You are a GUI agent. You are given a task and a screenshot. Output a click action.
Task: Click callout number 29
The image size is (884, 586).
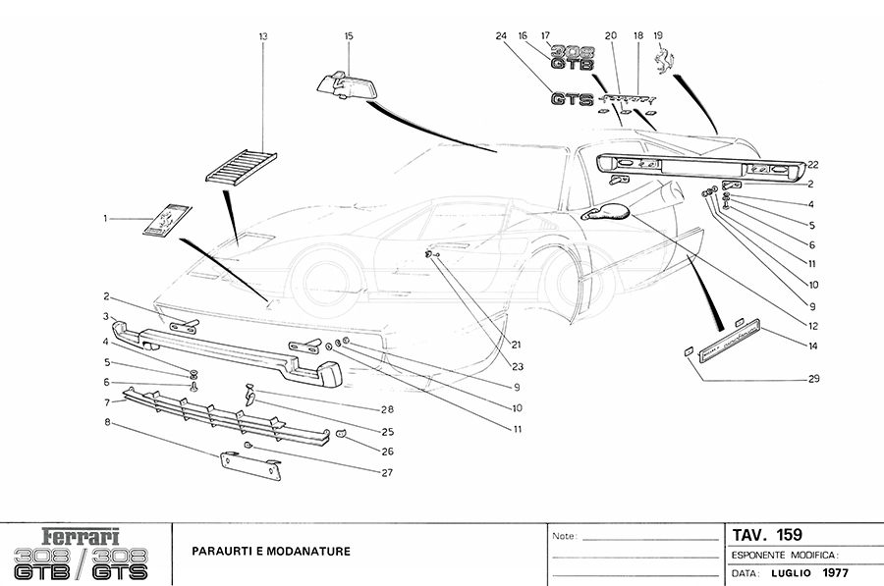(x=813, y=378)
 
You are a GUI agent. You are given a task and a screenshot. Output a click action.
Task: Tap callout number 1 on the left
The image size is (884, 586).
(x=105, y=219)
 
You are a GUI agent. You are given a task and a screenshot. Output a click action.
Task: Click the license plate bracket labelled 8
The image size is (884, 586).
(x=250, y=465)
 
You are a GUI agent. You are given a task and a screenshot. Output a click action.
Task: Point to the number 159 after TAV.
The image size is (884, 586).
(x=790, y=535)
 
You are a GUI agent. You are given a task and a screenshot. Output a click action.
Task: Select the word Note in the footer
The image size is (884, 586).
(x=564, y=537)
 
